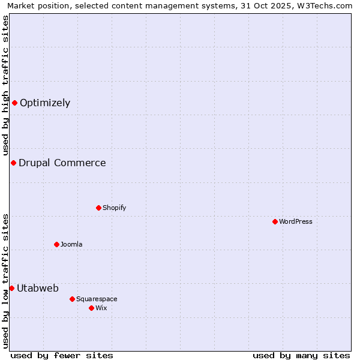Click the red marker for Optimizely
pyautogui.click(x=14, y=103)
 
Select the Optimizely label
pyautogui.click(x=45, y=103)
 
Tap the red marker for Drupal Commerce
pyautogui.click(x=13, y=163)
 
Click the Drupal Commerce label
pyautogui.click(x=62, y=163)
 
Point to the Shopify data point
pyautogui.click(x=98, y=208)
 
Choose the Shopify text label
pyautogui.click(x=114, y=208)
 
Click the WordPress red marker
pyautogui.click(x=275, y=221)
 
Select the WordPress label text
pyautogui.click(x=295, y=222)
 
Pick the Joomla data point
pyautogui.click(x=56, y=244)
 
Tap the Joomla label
pyautogui.click(x=71, y=245)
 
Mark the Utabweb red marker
pyautogui.click(x=11, y=288)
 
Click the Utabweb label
pyautogui.click(x=38, y=289)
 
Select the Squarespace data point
pyautogui.click(x=72, y=299)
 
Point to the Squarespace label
pyautogui.click(x=97, y=299)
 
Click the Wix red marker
pyautogui.click(x=91, y=308)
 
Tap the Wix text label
pyautogui.click(x=101, y=308)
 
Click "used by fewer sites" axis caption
pyautogui.click(x=62, y=355)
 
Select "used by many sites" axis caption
pyautogui.click(x=301, y=355)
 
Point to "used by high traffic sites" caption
pyautogui.click(x=5, y=85)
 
